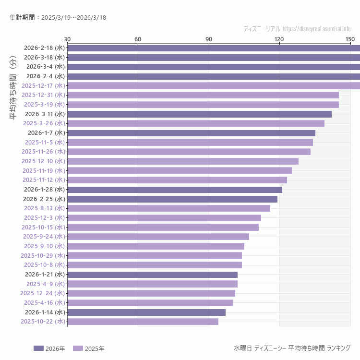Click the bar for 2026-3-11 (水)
tap(199, 114)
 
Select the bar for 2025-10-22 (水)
tap(143, 322)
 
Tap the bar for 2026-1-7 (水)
tap(191, 133)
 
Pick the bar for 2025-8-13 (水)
tap(168, 208)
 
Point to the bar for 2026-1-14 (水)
tap(146, 312)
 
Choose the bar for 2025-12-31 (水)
tap(203, 95)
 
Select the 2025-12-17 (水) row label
tap(43, 85)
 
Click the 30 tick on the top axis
tap(67, 39)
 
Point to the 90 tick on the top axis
tap(209, 39)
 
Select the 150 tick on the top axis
tap(350, 39)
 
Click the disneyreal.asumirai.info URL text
tap(316, 29)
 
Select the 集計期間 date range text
tap(58, 17)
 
